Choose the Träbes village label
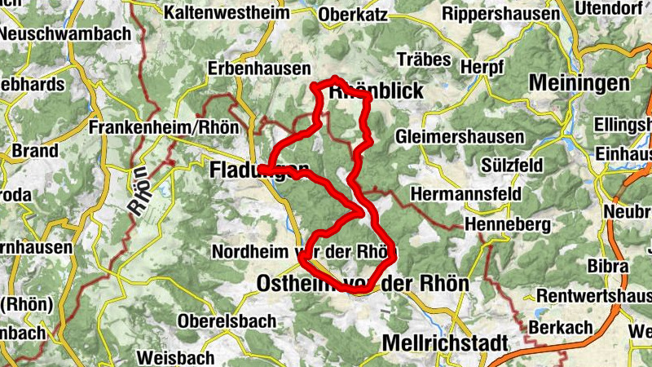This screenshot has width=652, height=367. click(x=422, y=60)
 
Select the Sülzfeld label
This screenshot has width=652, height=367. click(x=512, y=165)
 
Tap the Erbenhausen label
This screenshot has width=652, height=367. click(x=259, y=69)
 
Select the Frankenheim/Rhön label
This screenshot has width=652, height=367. click(x=163, y=128)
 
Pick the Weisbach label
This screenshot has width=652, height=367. click(x=175, y=357)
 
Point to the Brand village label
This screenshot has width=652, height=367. click(x=35, y=151)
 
